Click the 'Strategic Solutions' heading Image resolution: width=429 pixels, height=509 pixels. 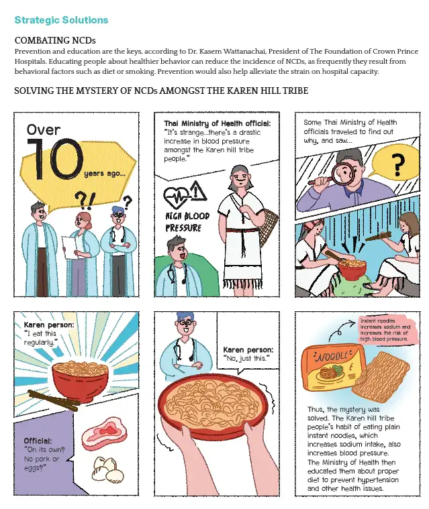point(61,20)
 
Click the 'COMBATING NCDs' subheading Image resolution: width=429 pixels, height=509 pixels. point(55,41)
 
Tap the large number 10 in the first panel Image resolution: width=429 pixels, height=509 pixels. point(54,159)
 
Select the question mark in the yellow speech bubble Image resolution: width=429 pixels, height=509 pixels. point(397,164)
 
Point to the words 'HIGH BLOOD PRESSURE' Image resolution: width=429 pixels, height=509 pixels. point(187,222)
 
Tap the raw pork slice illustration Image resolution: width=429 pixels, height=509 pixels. point(104,431)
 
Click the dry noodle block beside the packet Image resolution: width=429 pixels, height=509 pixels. point(381,378)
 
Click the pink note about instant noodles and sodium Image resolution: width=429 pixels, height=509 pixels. point(385,329)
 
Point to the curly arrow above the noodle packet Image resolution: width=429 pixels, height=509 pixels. point(340,329)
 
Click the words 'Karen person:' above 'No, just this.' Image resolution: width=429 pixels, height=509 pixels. point(248,349)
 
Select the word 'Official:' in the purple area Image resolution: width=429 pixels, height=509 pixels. point(38,441)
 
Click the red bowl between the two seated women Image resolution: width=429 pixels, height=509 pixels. point(352,268)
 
